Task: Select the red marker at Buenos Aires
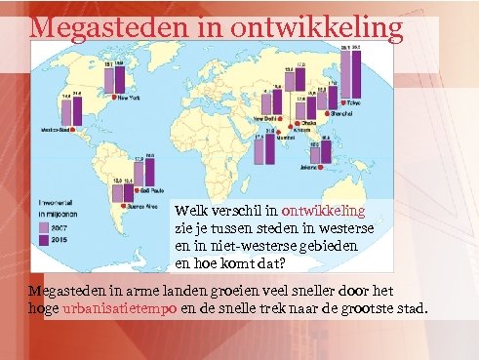pyautogui.click(x=119, y=207)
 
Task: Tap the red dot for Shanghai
pyautogui.click(x=350, y=113)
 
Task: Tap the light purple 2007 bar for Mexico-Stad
pyautogui.click(x=64, y=110)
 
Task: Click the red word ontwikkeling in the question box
pyautogui.click(x=323, y=210)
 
